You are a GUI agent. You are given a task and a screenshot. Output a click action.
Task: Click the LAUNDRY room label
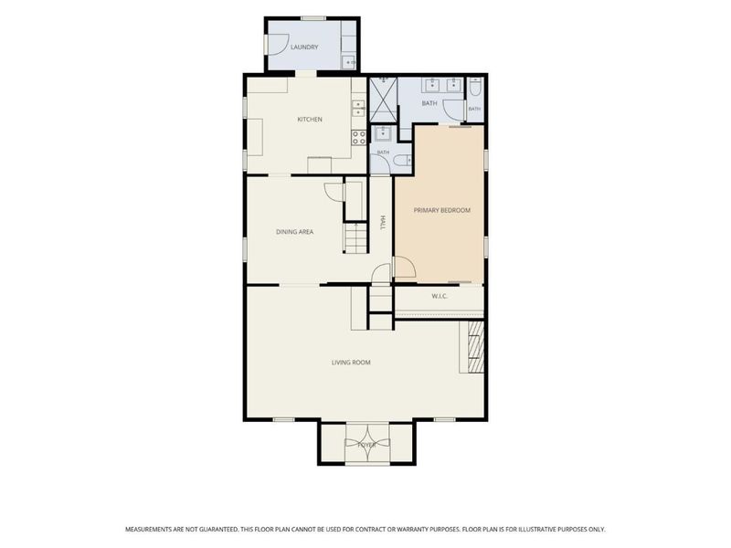tap(304, 47)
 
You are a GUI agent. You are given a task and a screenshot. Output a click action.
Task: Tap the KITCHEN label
tap(310, 120)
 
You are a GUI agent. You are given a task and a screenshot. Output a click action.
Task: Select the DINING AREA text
tap(294, 232)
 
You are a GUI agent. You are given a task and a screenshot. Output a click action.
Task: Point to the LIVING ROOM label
tap(351, 362)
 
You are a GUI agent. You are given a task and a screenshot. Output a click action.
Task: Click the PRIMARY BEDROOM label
tap(442, 210)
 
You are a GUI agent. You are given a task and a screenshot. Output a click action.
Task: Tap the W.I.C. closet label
tap(440, 296)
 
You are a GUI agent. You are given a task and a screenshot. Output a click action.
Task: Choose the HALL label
tap(383, 222)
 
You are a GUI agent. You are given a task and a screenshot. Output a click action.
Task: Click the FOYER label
tap(367, 445)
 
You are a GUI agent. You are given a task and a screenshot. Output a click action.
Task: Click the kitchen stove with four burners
tap(358, 138)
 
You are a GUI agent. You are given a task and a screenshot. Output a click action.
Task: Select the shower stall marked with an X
tap(383, 100)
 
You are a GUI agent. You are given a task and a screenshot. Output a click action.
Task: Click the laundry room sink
tap(349, 62)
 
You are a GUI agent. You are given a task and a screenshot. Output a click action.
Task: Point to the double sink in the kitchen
tap(358, 108)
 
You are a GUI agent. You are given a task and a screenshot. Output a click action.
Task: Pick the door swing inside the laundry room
tap(279, 45)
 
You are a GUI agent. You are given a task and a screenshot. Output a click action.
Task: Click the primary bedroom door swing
tap(405, 267)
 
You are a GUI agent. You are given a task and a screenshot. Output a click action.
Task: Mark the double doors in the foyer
tap(367, 444)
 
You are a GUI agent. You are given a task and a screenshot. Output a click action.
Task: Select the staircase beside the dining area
tap(356, 237)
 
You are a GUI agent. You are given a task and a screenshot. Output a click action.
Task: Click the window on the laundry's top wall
tap(313, 18)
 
